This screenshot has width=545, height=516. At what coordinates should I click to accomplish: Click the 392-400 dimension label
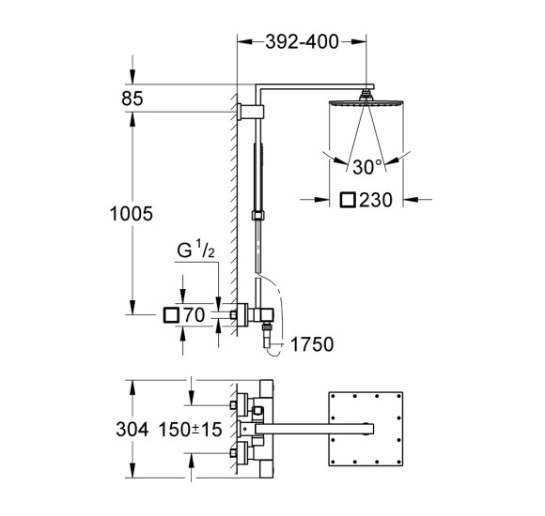point(302,42)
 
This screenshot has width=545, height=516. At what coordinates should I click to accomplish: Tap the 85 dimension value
point(132,99)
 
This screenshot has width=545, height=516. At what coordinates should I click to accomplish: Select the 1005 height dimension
point(131,214)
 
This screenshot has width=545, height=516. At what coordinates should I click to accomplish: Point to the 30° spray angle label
point(367,167)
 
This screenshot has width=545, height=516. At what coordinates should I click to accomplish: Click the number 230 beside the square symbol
point(376,200)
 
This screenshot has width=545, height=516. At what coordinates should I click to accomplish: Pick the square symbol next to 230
point(348,200)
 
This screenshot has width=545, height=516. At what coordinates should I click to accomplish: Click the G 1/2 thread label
point(196,250)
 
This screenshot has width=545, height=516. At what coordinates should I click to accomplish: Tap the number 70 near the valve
point(195,315)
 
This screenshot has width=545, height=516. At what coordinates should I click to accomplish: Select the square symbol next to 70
point(171,315)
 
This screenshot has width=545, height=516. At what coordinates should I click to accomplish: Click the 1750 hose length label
point(312,344)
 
